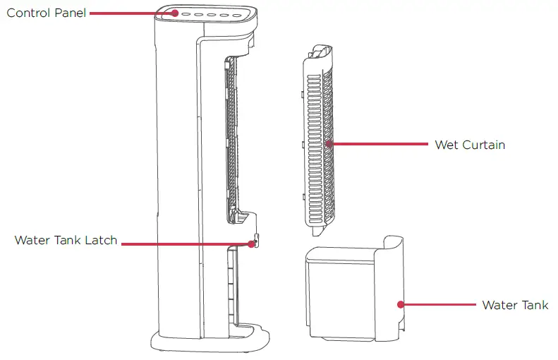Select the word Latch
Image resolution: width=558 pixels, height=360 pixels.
tap(100, 241)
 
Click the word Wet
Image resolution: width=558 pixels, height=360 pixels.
tap(446, 145)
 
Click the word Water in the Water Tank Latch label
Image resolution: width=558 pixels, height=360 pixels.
tap(32, 241)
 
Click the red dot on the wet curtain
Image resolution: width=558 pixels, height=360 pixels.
tap(329, 144)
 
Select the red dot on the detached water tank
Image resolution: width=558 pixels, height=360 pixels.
tap(400, 305)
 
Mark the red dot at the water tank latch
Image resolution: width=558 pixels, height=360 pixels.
tap(251, 244)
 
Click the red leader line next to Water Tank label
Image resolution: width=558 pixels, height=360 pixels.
tap(437, 305)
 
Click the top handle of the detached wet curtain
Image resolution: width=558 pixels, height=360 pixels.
tap(321, 50)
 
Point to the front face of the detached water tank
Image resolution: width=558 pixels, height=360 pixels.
tap(339, 293)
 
